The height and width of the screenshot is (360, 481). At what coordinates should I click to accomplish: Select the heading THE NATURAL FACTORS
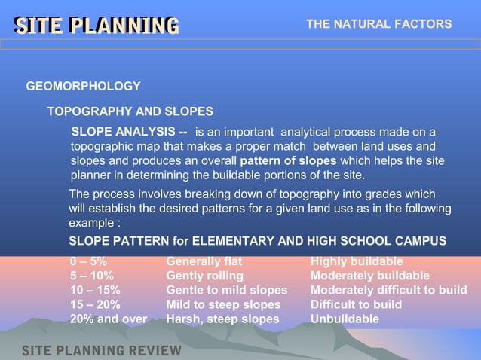tap(378, 24)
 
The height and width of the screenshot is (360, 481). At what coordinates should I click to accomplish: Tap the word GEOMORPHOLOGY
tap(83, 86)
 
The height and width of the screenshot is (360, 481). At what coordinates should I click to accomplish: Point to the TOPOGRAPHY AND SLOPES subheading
tap(130, 111)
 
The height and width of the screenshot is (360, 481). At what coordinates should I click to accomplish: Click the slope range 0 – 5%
tap(88, 261)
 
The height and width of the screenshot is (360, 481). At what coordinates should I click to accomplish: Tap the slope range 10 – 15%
tap(95, 290)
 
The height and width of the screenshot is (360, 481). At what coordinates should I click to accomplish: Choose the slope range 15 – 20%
tap(95, 304)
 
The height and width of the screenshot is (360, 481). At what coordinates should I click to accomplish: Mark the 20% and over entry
tap(108, 319)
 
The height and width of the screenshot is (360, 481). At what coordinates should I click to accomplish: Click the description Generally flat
tap(204, 261)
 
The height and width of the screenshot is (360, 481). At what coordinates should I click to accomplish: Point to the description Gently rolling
tap(204, 276)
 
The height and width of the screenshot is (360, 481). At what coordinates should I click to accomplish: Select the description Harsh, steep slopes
tap(222, 319)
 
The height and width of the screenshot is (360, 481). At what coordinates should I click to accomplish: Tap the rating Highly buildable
tap(357, 261)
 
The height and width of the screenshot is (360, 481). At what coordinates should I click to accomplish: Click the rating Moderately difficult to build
tap(388, 290)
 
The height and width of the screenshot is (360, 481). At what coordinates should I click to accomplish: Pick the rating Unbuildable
tap(345, 319)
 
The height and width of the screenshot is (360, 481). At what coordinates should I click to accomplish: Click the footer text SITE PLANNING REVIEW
tap(101, 351)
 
